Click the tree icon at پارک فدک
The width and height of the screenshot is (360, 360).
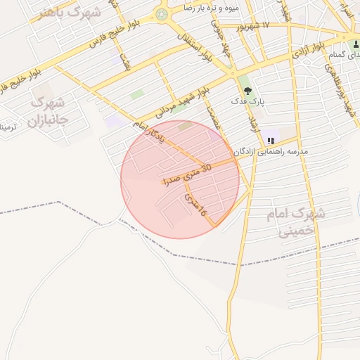coord(246,89)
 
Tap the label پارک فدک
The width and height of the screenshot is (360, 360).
coord(248,103)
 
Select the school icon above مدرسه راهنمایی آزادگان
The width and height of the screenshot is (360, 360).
coord(271,141)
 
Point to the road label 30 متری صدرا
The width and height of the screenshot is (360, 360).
coord(187,175)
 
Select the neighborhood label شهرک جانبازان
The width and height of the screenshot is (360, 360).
coord(47,110)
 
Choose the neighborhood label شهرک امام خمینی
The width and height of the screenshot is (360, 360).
coord(295,221)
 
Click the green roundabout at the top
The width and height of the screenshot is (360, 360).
coord(162,14)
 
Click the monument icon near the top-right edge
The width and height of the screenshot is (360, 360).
coord(356,44)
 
